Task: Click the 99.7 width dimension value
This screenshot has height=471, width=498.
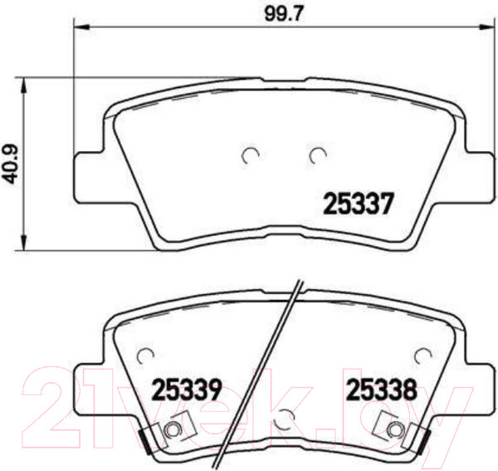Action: point(280,14)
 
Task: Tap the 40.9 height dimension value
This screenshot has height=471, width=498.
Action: point(11,165)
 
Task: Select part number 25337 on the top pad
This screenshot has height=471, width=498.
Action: point(359,204)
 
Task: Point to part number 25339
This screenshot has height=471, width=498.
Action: point(186,390)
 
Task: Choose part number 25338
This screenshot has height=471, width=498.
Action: point(381,390)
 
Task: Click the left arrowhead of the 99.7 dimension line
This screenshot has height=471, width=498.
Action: point(81,27)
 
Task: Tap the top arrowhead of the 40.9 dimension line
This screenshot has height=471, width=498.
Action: point(24,85)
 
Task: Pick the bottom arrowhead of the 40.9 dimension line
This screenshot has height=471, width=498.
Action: point(24,243)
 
